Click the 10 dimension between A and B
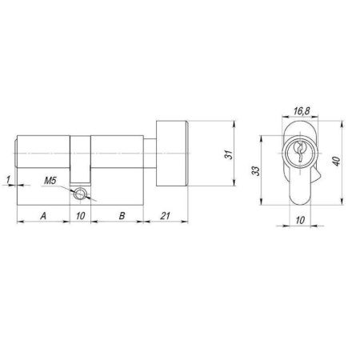pyautogui.click(x=80, y=215)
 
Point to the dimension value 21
pyautogui.click(x=166, y=215)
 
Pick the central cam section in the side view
pyautogui.click(x=80, y=160)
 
